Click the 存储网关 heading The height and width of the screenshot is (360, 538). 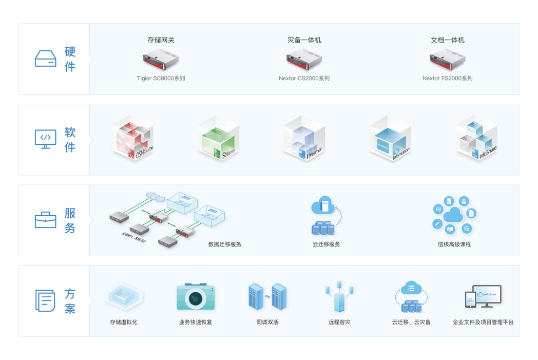(161, 40)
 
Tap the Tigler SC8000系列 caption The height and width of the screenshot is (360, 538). (161, 79)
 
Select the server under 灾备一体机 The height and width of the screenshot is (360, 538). (304, 60)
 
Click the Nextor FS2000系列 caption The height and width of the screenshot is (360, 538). (447, 79)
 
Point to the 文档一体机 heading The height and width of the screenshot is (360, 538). (447, 40)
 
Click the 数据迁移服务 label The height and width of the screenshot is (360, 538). (225, 244)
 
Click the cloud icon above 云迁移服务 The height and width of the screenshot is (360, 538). (323, 205)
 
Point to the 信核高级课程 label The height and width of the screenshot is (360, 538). (454, 244)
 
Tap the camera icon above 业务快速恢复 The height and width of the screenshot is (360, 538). (196, 296)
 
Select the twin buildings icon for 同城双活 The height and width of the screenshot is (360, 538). (267, 296)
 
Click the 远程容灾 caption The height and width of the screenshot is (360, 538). (339, 322)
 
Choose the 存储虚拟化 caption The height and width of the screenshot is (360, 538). (124, 322)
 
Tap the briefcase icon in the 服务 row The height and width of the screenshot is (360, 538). (45, 220)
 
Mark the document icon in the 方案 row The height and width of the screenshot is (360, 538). (45, 300)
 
